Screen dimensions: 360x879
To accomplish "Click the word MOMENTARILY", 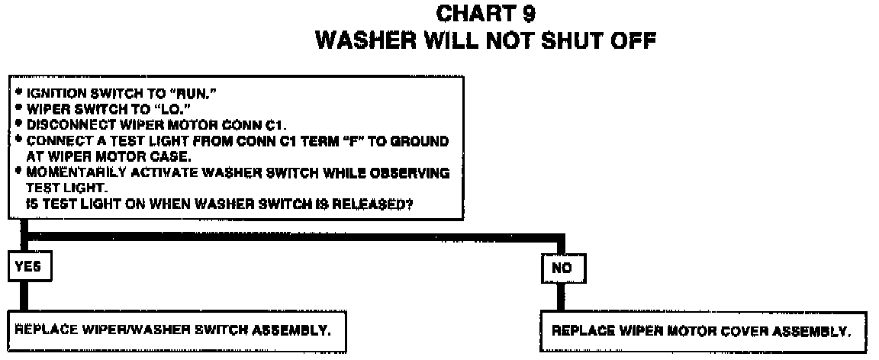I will pyautogui.click(x=64, y=173).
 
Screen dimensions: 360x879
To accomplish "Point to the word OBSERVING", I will pyautogui.click(x=415, y=173).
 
